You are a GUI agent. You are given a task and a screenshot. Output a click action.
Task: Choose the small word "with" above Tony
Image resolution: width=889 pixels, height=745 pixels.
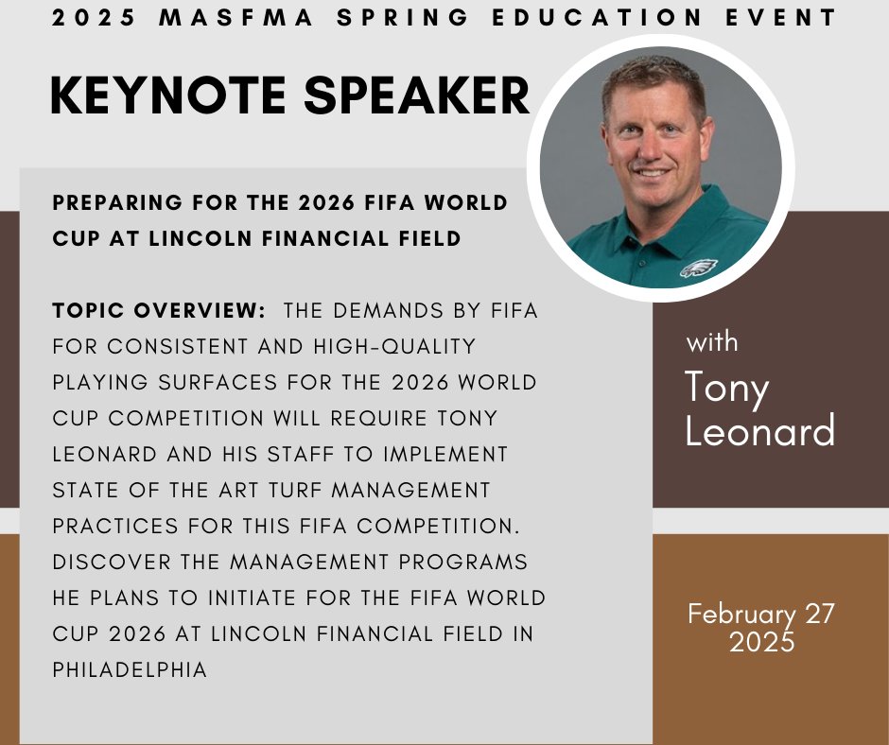(711, 341)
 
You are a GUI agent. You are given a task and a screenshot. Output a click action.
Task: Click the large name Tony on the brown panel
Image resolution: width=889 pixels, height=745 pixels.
(726, 388)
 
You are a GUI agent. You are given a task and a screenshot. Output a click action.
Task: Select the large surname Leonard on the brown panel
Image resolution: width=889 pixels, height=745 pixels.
(760, 431)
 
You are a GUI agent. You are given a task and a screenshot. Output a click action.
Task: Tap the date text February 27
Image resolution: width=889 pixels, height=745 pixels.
(761, 614)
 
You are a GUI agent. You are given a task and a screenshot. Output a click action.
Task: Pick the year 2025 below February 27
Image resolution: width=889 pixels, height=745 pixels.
(761, 642)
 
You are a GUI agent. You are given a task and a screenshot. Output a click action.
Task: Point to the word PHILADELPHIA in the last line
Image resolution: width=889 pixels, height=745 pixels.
(130, 669)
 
